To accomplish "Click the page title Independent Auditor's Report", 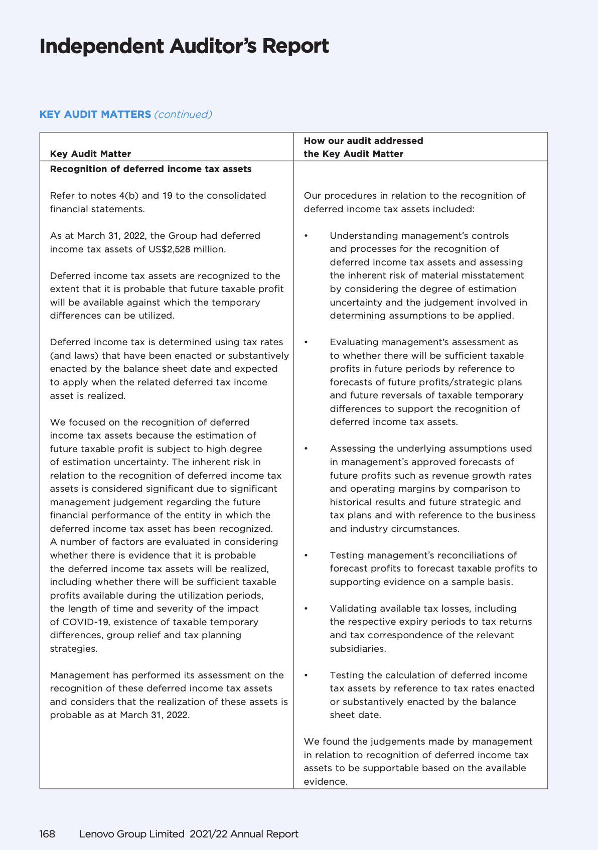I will coord(184,46).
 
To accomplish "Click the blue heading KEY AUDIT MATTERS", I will coord(95,114).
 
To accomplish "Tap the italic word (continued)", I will coord(183,114).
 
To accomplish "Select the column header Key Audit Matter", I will coord(90,154).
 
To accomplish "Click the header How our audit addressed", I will coord(363,141).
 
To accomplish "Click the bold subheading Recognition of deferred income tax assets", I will coord(151,169).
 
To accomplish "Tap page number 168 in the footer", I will coord(47,834).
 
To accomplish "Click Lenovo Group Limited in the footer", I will coord(132,834).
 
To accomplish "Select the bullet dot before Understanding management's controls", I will coord(306,236).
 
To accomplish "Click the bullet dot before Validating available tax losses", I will coord(306,609).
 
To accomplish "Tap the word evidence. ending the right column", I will coord(325,782).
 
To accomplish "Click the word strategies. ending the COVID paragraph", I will coord(73,649).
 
